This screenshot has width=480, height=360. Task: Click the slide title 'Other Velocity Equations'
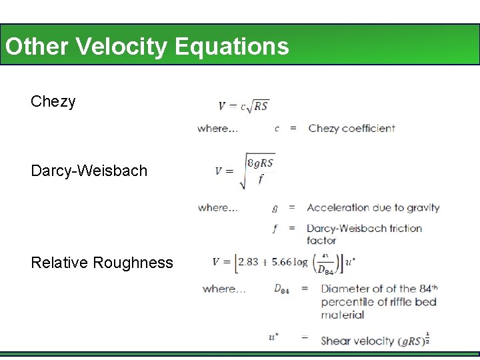[147, 46]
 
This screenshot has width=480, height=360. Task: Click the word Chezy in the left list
[53, 102]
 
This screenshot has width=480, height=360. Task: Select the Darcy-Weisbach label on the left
[89, 171]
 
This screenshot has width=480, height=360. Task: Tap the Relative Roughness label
[101, 263]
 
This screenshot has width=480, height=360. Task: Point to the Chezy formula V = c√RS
[243, 105]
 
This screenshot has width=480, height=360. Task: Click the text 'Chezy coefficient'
[351, 128]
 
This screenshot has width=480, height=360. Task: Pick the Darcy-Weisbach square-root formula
[245, 171]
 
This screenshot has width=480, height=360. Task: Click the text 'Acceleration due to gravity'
[373, 207]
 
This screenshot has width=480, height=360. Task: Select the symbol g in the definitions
[275, 208]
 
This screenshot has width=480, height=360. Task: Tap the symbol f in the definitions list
[275, 229]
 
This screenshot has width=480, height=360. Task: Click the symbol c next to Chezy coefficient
[277, 128]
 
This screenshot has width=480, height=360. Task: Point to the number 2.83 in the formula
[248, 262]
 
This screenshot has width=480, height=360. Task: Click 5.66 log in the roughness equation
[289, 262]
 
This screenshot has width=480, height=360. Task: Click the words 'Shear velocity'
[357, 341]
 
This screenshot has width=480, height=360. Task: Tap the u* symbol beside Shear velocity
[273, 337]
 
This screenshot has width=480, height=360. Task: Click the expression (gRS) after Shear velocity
[411, 341]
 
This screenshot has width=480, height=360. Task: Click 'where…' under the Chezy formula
[217, 128]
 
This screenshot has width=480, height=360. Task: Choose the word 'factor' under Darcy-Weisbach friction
[321, 240]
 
